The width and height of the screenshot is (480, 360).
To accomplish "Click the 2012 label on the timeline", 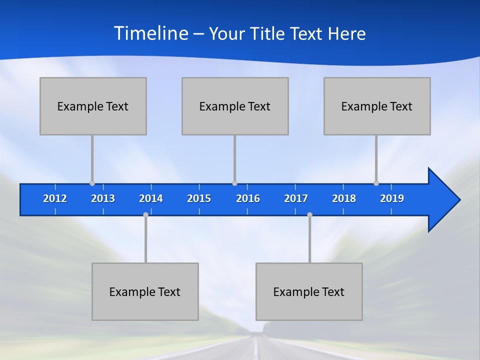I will [x=55, y=198].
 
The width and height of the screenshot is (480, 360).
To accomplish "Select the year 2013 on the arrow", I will [x=103, y=198].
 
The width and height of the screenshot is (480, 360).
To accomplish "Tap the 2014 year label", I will [x=151, y=198].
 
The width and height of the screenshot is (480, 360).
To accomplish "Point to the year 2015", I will [x=199, y=198].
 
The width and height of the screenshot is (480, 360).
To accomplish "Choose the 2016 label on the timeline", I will [x=248, y=198].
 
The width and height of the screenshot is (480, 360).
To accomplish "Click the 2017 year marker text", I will [x=296, y=198].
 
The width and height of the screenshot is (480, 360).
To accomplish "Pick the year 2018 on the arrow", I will [x=344, y=198].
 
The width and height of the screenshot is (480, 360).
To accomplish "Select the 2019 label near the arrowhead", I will [x=392, y=198].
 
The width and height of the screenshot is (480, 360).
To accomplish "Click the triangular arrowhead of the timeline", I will [x=442, y=200].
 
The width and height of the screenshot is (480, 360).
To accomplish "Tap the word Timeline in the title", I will [x=151, y=33].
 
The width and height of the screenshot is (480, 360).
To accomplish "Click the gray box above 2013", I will [x=93, y=106].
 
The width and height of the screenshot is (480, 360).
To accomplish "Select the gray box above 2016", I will [x=235, y=106].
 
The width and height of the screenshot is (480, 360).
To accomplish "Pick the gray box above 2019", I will [x=377, y=106].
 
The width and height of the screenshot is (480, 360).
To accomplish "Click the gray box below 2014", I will [x=145, y=291].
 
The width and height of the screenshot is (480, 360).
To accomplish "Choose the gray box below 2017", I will [x=309, y=291].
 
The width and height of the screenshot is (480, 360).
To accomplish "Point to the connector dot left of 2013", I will [x=92, y=183].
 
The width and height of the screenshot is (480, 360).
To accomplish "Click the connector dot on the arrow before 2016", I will [x=234, y=183].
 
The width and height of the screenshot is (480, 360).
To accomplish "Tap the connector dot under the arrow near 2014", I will [x=145, y=215].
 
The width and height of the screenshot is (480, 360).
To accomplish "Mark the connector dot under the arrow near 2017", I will [x=309, y=215].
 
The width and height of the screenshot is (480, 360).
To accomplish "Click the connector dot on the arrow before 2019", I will [x=376, y=183].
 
